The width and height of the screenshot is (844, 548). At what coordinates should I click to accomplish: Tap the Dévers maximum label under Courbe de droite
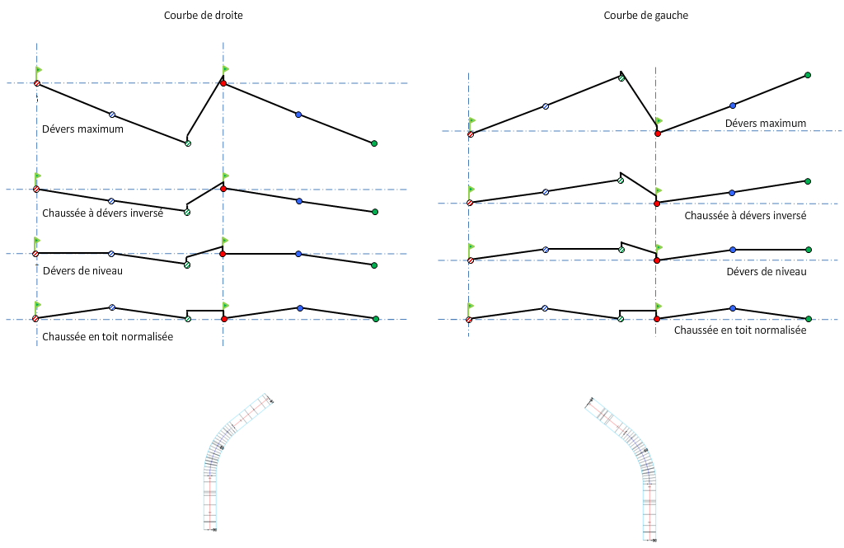[82, 129]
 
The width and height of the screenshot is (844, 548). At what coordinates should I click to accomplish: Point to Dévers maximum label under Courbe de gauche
[765, 123]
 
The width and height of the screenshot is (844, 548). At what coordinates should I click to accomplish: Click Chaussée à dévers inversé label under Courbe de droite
[102, 213]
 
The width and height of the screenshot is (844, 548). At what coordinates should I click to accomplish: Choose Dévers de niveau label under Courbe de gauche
[767, 271]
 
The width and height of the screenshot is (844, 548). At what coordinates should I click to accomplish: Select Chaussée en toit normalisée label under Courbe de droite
[107, 337]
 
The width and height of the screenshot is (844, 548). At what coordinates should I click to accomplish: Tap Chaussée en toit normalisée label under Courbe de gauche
[739, 330]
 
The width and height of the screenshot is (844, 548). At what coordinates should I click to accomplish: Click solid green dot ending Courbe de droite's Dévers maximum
[374, 143]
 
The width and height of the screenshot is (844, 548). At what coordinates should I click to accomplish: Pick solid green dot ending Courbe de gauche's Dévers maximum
[808, 76]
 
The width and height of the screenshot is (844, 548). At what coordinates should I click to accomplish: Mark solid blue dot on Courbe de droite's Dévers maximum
[298, 115]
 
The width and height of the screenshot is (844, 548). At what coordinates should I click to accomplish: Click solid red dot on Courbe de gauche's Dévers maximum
[657, 133]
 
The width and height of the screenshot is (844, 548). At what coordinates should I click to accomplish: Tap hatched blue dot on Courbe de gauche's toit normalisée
[545, 308]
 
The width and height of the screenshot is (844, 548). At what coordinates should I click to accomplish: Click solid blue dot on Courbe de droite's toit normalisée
[299, 308]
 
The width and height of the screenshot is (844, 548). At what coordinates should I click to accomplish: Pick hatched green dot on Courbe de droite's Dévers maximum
[188, 143]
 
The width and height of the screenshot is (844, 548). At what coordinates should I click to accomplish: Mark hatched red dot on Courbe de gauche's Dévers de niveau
[470, 260]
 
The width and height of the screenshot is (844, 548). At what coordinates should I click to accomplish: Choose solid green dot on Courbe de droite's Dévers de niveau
[374, 265]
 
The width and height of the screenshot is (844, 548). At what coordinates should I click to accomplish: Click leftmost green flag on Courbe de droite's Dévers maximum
[39, 71]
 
